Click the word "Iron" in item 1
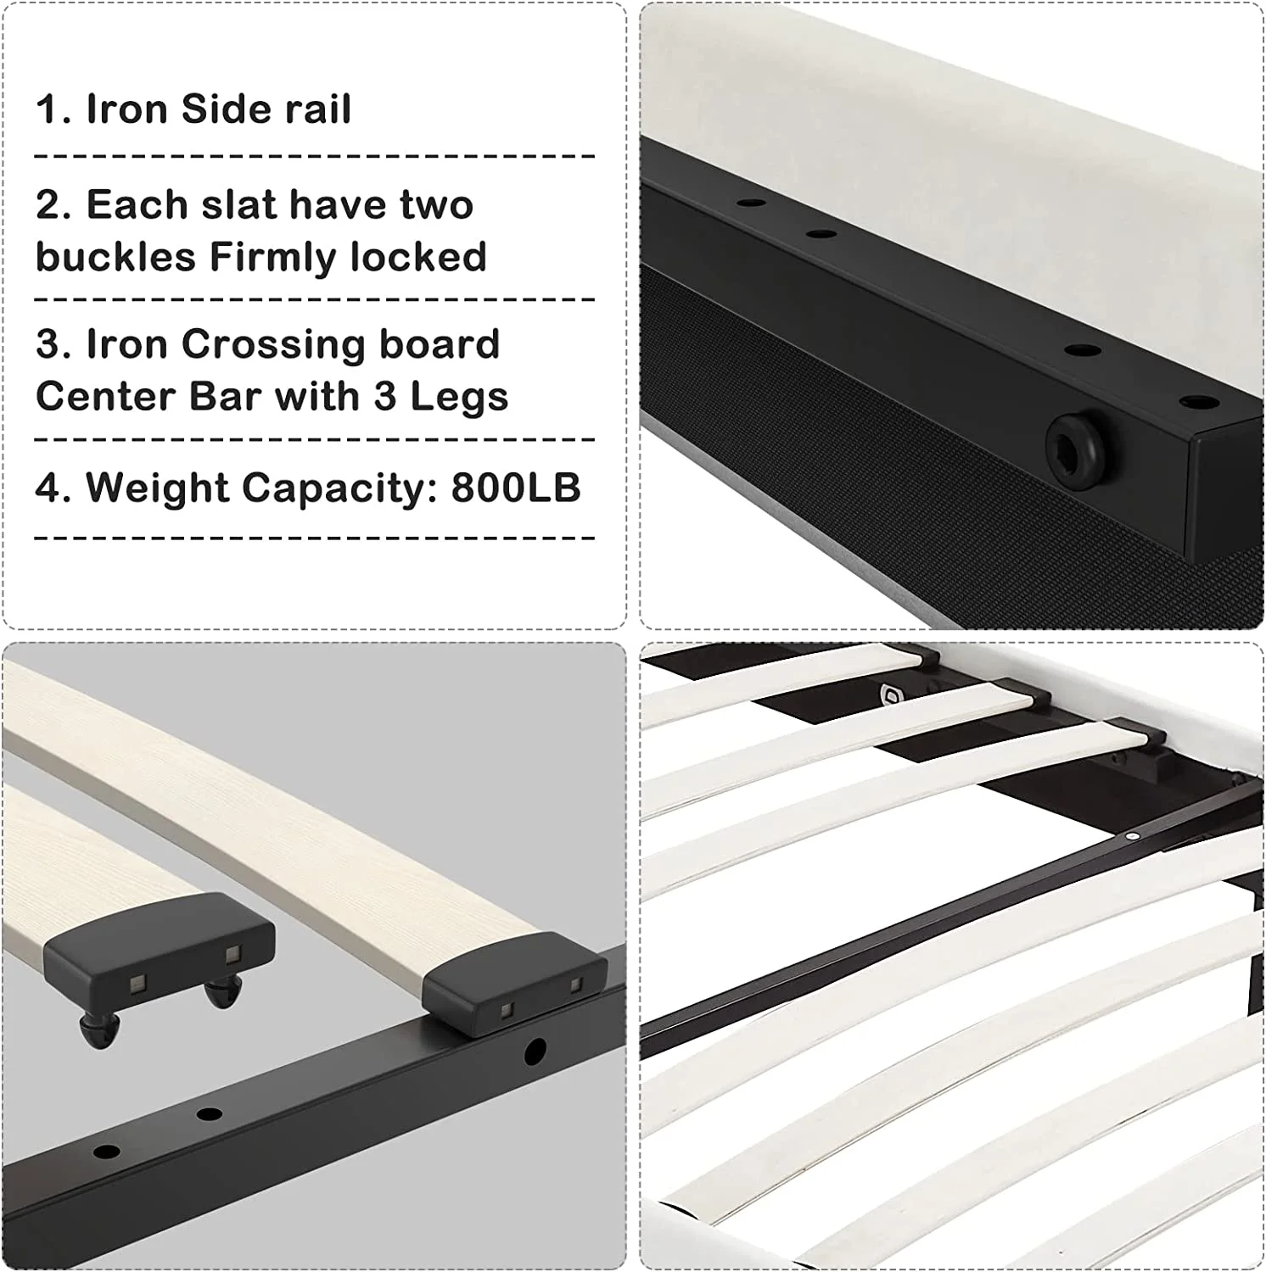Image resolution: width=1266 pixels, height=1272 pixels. (126, 109)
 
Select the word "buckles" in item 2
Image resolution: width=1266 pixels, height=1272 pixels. (116, 257)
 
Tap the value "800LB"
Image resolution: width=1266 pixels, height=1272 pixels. (516, 488)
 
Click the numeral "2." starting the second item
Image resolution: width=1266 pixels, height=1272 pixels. (54, 205)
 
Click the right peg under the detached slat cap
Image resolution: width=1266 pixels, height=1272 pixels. (222, 990)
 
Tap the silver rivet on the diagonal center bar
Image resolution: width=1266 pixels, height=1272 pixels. (1131, 835)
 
